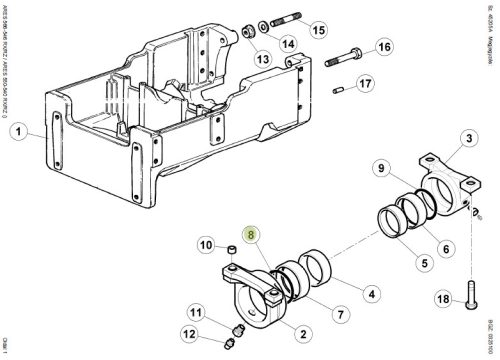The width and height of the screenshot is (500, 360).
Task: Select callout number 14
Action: (286, 44)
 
